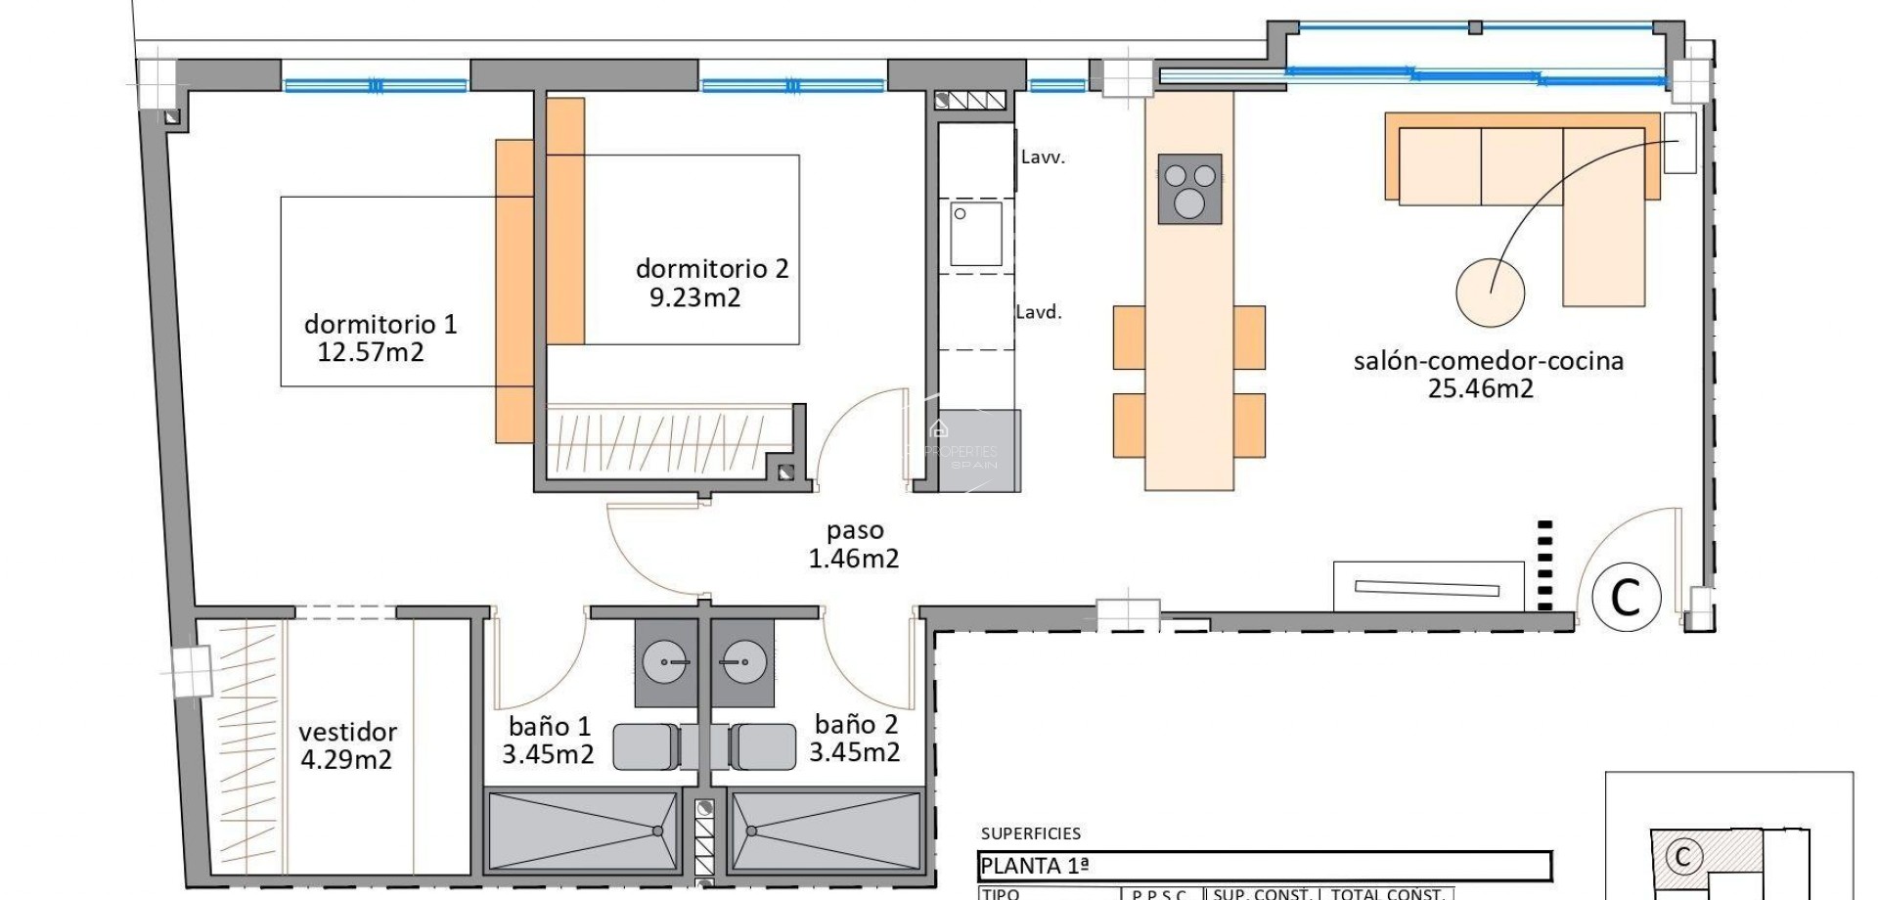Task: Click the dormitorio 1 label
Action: [380, 324]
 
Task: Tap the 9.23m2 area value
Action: [695, 297]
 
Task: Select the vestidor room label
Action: [347, 732]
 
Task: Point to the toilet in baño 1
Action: [646, 746]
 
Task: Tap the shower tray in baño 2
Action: [825, 831]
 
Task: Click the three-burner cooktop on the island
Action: [1189, 189]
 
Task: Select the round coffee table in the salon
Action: [1490, 292]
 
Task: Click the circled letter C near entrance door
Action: [1626, 596]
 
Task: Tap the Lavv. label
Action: [1043, 157]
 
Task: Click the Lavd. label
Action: [1039, 312]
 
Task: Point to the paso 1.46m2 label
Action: [854, 545]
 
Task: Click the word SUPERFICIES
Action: [1031, 833]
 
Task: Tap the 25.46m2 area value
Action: [1481, 388]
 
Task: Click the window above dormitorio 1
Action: [376, 85]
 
